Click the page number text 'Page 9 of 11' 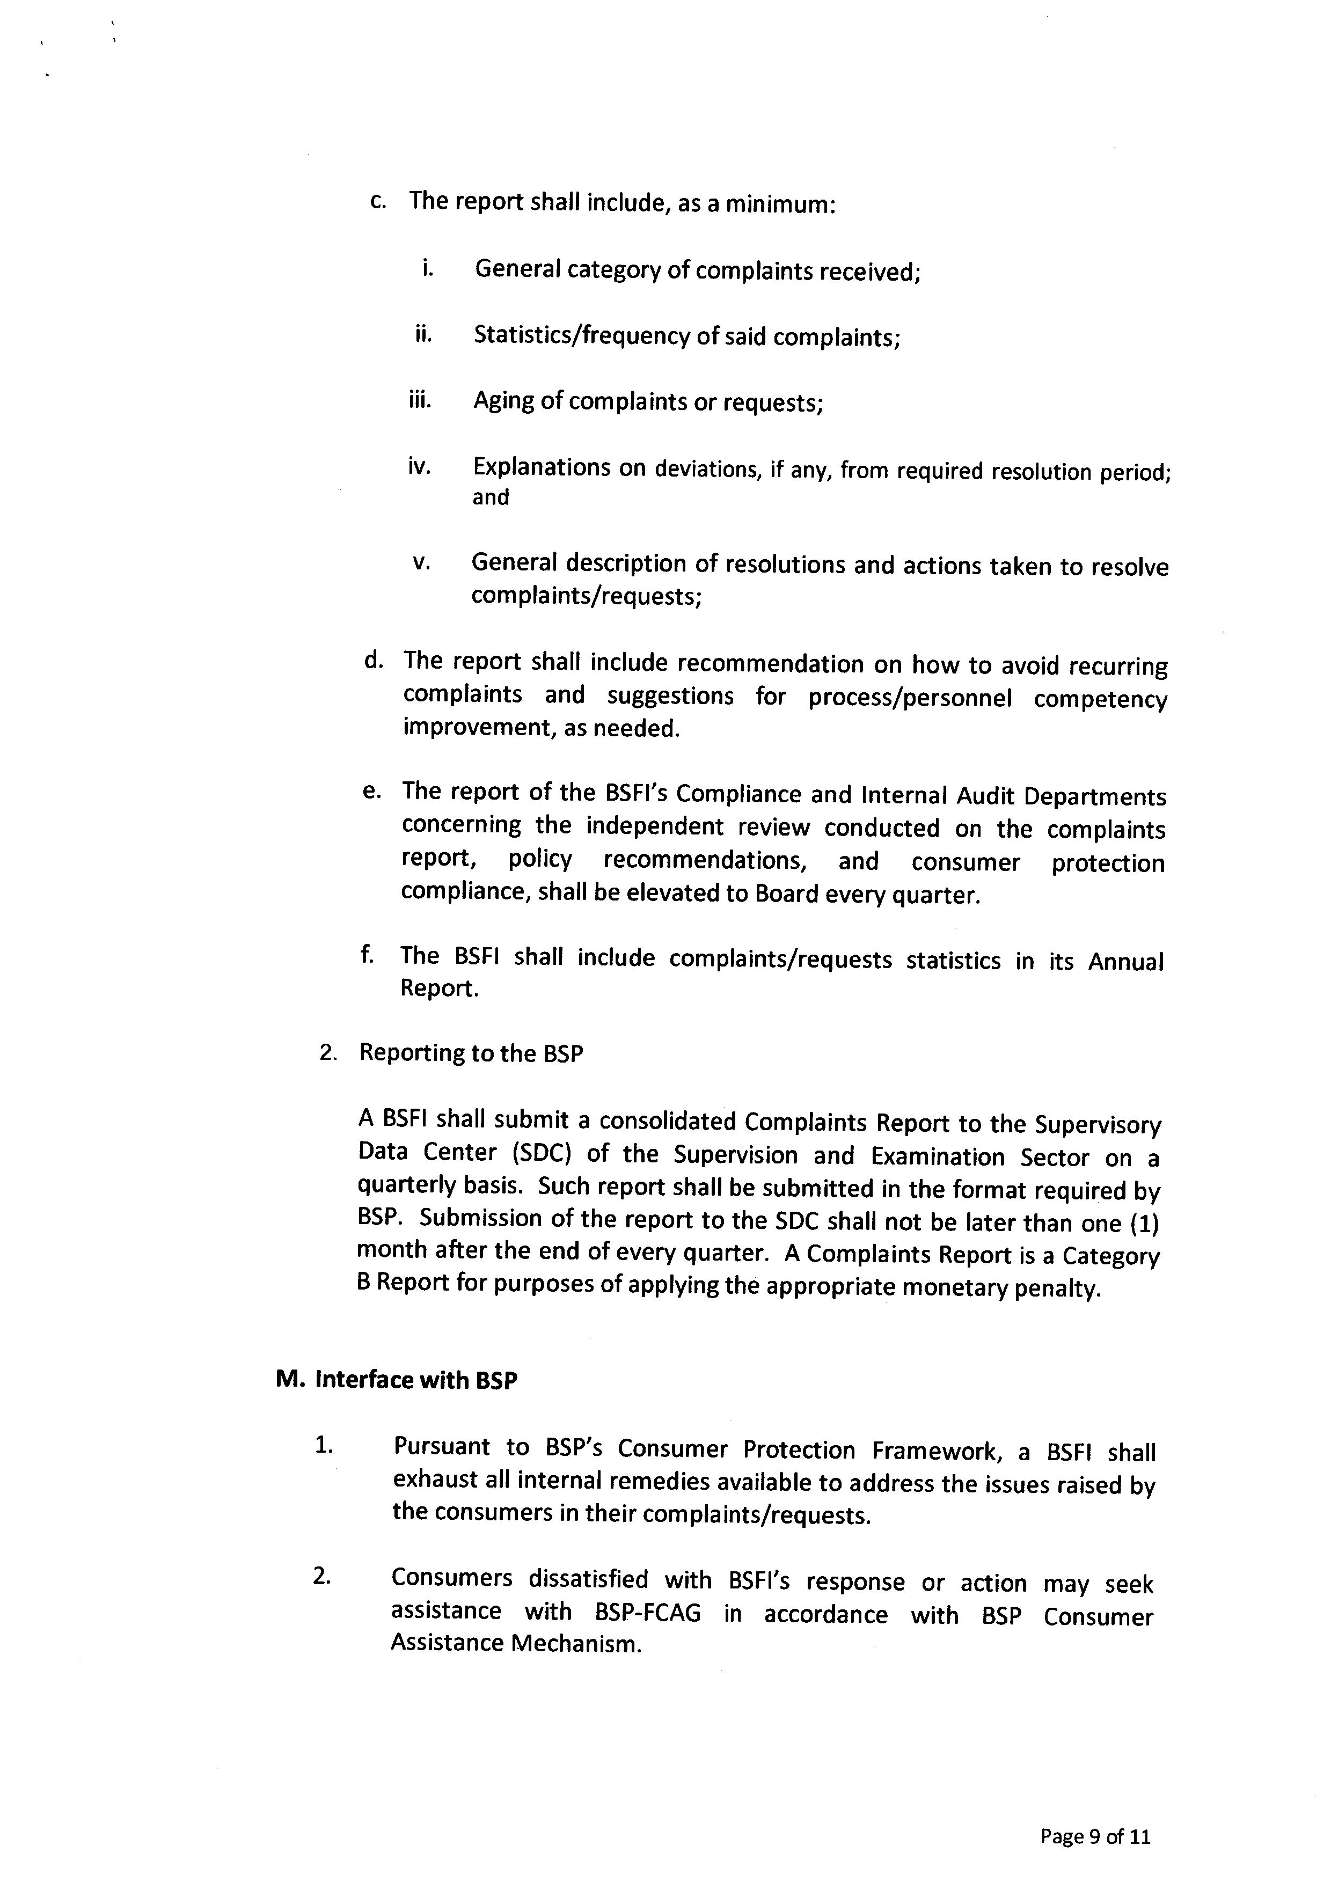coord(1095,1836)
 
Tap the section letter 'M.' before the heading coord(289,1380)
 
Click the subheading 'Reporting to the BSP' coord(471,1053)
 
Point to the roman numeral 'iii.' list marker coord(420,401)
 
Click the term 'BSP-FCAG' coord(647,1613)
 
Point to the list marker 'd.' coord(374,661)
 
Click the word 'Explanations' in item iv coord(542,468)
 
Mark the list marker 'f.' coord(367,954)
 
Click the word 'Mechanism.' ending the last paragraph coord(575,1644)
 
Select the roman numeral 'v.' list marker coord(421,563)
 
